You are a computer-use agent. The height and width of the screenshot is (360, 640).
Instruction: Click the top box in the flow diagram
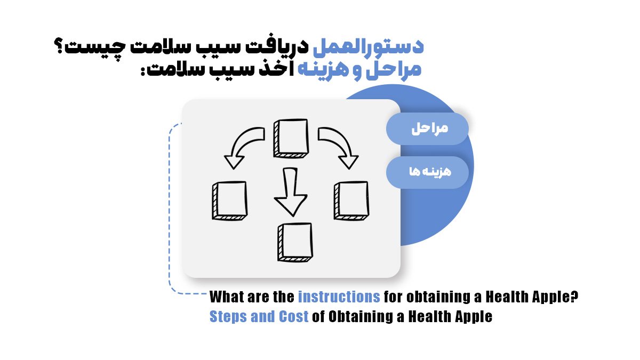click(x=291, y=138)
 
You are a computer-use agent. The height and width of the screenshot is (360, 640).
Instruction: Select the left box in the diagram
click(x=229, y=201)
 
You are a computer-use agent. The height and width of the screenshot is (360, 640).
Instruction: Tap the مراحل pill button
click(x=427, y=129)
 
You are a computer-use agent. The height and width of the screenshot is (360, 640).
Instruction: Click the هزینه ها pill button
click(x=427, y=172)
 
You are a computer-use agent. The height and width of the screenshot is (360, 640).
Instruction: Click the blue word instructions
click(x=339, y=297)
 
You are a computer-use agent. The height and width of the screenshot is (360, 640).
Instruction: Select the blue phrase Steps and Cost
click(x=259, y=316)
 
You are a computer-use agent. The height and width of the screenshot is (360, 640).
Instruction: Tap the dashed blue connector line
click(x=169, y=213)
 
